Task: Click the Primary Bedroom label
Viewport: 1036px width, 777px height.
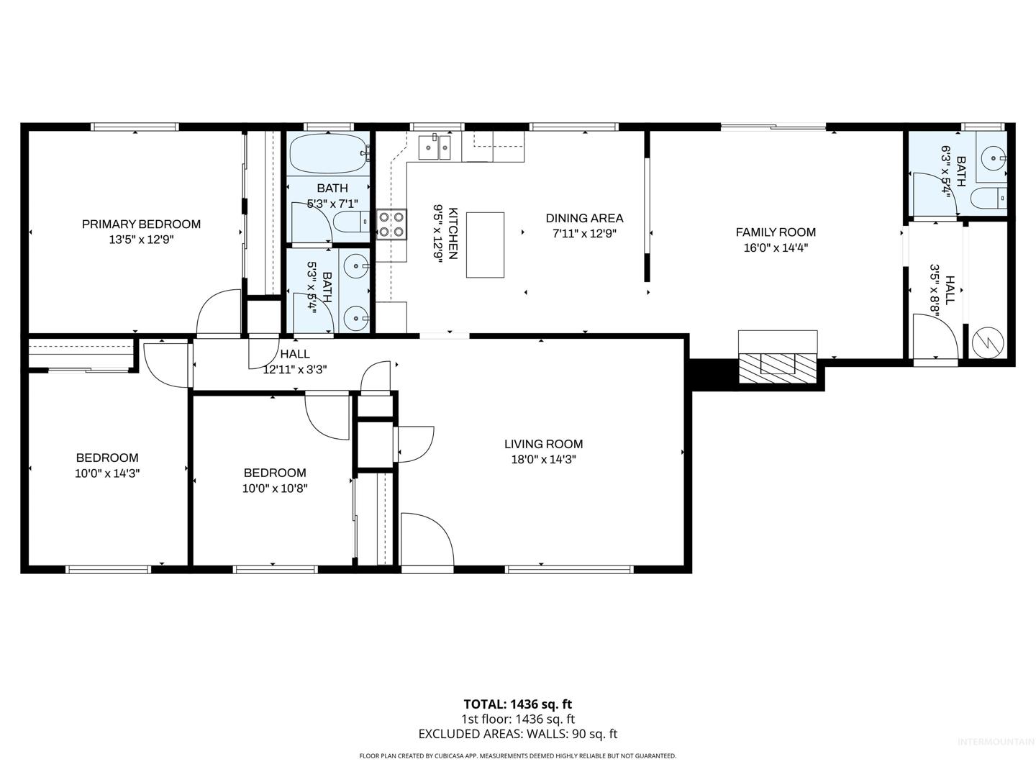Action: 141,224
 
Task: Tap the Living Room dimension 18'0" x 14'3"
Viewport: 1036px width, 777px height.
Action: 544,460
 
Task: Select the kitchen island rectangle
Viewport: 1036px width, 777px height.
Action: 485,245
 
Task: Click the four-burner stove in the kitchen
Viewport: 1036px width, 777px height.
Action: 392,224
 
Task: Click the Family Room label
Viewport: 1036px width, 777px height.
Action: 776,232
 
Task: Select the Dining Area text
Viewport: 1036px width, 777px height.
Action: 584,219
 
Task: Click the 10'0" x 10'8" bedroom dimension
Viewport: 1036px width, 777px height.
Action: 275,489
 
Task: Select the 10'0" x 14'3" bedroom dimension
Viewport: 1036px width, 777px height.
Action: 107,473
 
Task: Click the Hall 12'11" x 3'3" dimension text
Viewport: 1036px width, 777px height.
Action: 295,369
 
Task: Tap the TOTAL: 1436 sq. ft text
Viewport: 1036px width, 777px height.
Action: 518,704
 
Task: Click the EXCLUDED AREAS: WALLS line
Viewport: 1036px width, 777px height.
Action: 518,734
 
